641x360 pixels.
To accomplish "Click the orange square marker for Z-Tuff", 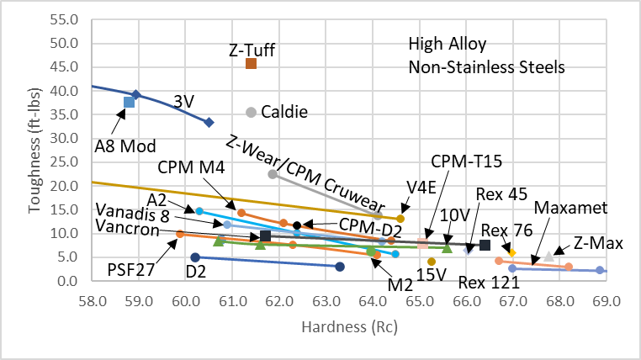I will (x=251, y=64).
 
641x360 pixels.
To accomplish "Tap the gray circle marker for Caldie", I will (x=251, y=112).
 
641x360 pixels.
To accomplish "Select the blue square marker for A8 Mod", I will (x=129, y=103).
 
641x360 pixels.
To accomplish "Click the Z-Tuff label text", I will (x=252, y=50).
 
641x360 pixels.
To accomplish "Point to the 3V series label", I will (x=183, y=100).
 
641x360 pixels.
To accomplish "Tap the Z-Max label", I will (x=598, y=244).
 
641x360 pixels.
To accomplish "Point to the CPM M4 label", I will (x=191, y=168).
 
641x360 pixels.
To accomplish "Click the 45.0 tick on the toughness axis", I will (x=65, y=66).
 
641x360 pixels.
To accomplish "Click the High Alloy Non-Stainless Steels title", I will (x=486, y=55).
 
